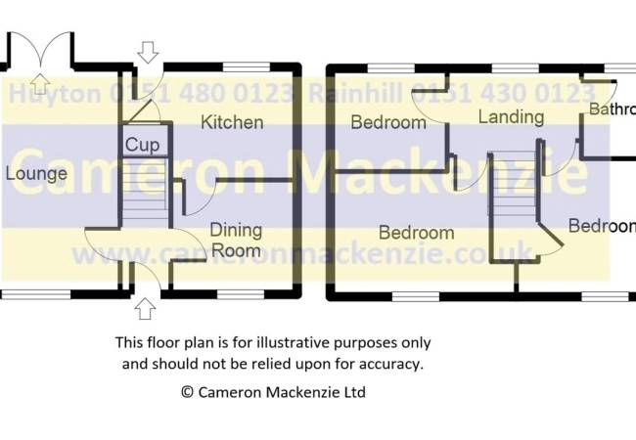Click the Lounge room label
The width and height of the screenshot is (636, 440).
pyautogui.click(x=36, y=174)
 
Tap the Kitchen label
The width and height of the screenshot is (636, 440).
pyautogui.click(x=232, y=122)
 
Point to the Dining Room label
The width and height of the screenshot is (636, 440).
pyautogui.click(x=237, y=240)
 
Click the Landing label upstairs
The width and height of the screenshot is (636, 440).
pyautogui.click(x=511, y=117)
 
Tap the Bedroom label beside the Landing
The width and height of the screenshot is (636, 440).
pyautogui.click(x=388, y=123)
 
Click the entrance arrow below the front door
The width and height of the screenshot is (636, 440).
pyautogui.click(x=146, y=309)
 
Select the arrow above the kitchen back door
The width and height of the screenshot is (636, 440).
pyautogui.click(x=148, y=51)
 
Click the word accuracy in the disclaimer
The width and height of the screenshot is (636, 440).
pyautogui.click(x=390, y=364)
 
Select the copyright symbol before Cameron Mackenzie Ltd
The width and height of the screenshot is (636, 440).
pyautogui.click(x=187, y=392)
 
